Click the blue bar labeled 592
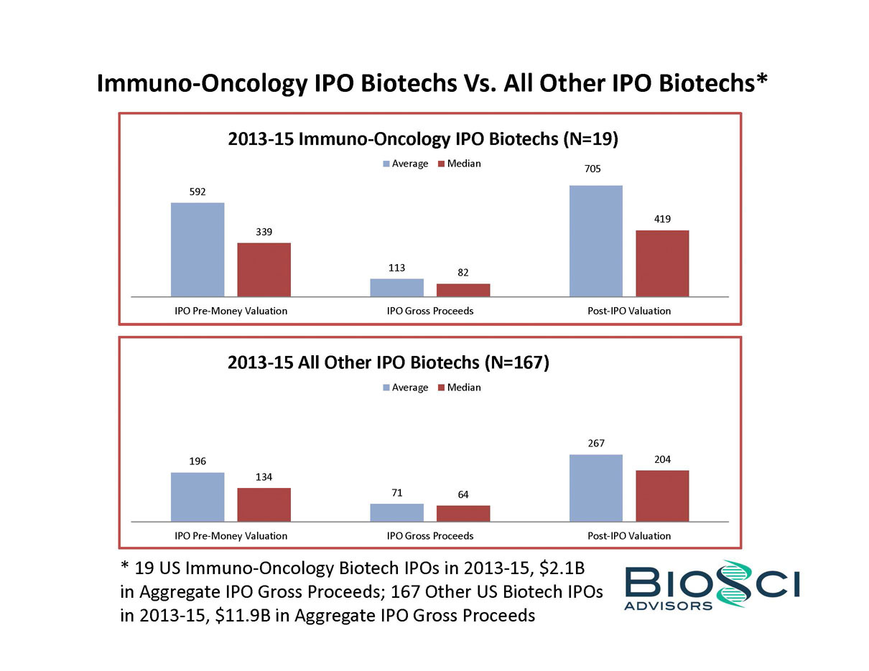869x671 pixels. (197, 249)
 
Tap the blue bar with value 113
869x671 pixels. (396, 287)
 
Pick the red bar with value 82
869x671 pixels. (463, 290)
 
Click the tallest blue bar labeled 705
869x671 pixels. (595, 240)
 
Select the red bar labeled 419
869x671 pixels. (662, 263)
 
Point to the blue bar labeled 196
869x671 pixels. (197, 497)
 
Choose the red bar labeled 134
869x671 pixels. (264, 505)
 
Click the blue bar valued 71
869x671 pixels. (396, 512)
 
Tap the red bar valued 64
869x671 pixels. (463, 513)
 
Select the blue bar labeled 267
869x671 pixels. (595, 488)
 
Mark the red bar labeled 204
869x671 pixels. (662, 496)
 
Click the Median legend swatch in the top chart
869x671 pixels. (440, 164)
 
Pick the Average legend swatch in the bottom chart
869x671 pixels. (386, 388)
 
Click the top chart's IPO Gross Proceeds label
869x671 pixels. (429, 311)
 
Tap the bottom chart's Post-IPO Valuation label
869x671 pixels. (629, 535)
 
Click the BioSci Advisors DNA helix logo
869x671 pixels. (735, 584)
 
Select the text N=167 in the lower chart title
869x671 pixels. (516, 362)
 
